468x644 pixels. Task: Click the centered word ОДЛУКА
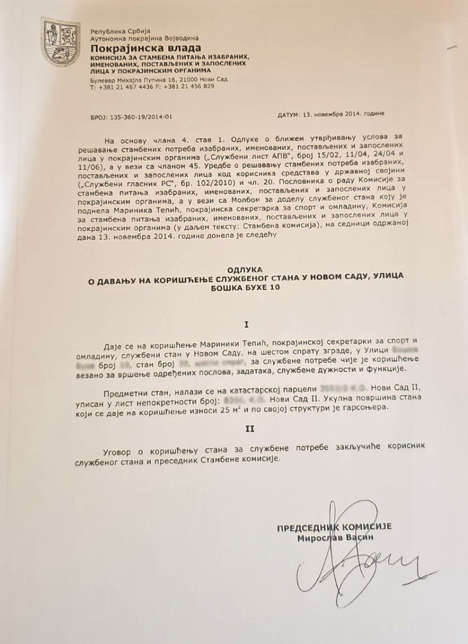point(233,266)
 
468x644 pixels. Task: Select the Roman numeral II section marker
point(233,429)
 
